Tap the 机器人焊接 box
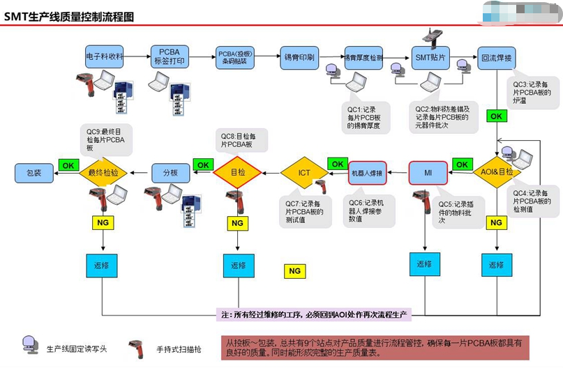pos(367,172)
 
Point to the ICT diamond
pos(304,171)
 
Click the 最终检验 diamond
pos(103,172)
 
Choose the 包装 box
pos(34,172)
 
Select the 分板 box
pos(171,172)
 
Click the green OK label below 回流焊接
pos(496,116)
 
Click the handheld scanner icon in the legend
pos(135,347)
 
